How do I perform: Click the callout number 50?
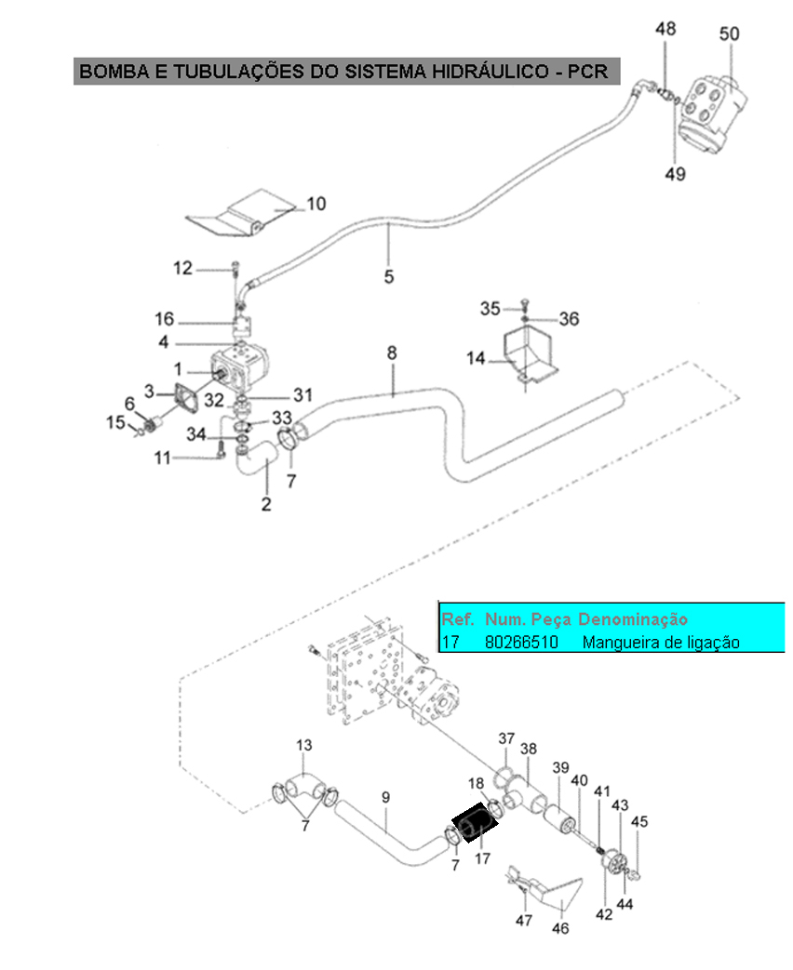tap(729, 33)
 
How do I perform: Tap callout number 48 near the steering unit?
tap(665, 29)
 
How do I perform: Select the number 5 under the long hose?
tap(389, 276)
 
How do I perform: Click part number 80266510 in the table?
tap(521, 643)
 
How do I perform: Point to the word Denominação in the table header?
tap(633, 619)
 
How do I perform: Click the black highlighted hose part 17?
tap(475, 821)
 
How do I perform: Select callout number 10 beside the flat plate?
tap(316, 204)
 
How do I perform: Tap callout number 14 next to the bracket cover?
tap(477, 359)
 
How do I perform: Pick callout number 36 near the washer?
tap(569, 319)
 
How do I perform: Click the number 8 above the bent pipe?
tap(392, 353)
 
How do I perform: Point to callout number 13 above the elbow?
tap(304, 746)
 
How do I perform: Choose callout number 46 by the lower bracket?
tap(560, 928)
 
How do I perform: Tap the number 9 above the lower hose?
tap(385, 798)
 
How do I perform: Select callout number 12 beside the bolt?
tap(182, 269)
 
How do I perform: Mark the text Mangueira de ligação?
tap(660, 643)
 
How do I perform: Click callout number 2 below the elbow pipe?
tap(266, 505)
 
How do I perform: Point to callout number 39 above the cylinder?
tap(560, 767)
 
